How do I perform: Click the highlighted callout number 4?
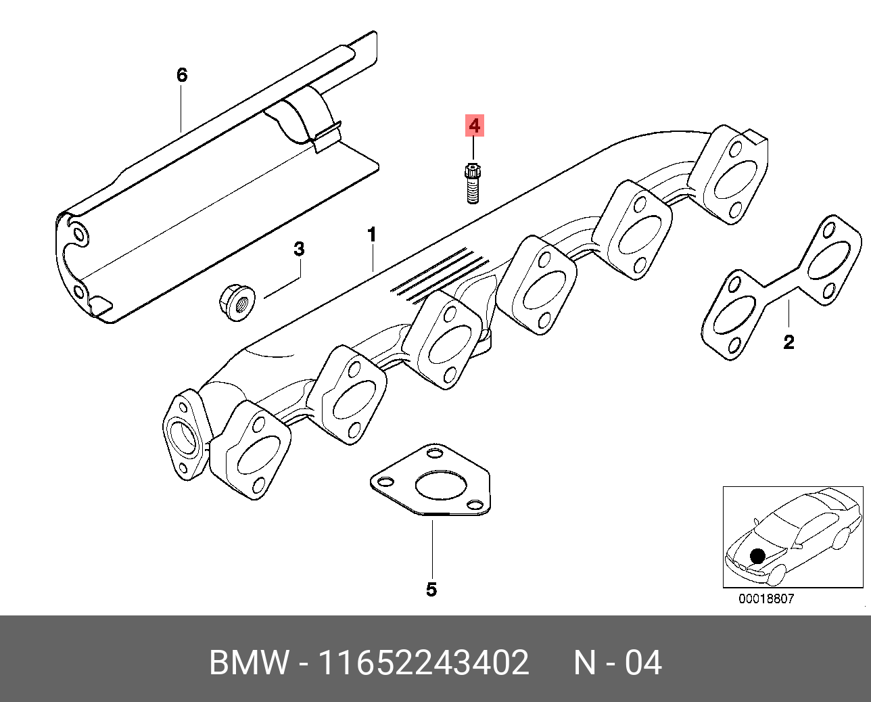[x=474, y=125]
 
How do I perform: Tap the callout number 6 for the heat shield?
[x=181, y=74]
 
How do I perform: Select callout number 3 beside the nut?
[x=298, y=250]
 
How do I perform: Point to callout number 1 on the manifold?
[x=371, y=235]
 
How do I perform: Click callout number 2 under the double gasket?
[x=788, y=342]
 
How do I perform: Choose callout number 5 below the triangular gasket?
[x=431, y=589]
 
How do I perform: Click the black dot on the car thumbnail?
[x=757, y=556]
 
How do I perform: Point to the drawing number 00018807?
[x=766, y=599]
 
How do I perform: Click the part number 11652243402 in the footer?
[x=424, y=663]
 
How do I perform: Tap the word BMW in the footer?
[x=248, y=663]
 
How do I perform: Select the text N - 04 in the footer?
[x=617, y=663]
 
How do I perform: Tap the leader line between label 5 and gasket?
[x=431, y=548]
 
